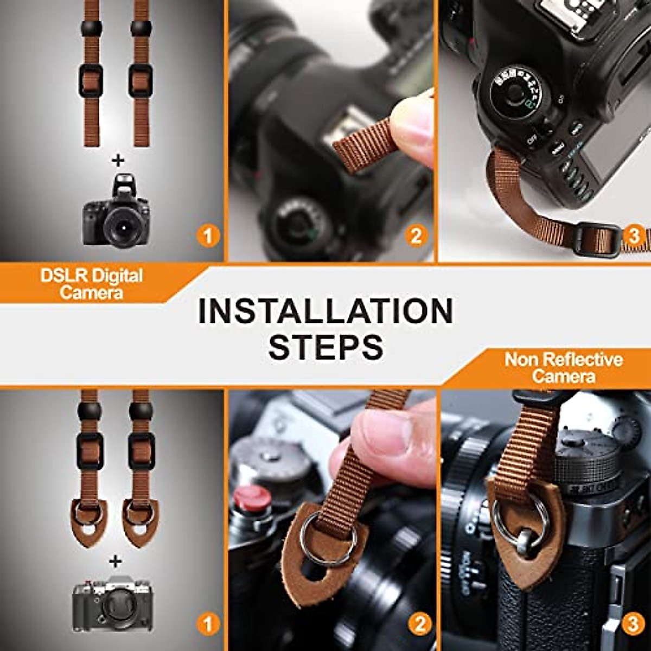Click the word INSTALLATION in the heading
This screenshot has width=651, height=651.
[x=325, y=310]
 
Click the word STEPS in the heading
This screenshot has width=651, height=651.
[x=325, y=346]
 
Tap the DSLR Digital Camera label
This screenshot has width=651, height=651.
[x=91, y=284]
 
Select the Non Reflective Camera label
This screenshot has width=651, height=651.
[x=564, y=367]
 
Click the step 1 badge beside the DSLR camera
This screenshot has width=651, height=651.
[x=208, y=236]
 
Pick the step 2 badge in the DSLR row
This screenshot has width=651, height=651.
[x=416, y=236]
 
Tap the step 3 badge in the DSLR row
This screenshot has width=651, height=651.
[x=633, y=236]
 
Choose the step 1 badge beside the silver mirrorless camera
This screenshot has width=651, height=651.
[x=208, y=624]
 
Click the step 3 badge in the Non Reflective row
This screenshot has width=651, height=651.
[x=633, y=624]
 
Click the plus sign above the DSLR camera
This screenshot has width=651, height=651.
[x=118, y=159]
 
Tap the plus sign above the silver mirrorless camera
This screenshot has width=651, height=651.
[x=115, y=561]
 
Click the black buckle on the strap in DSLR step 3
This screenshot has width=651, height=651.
[x=596, y=239]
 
